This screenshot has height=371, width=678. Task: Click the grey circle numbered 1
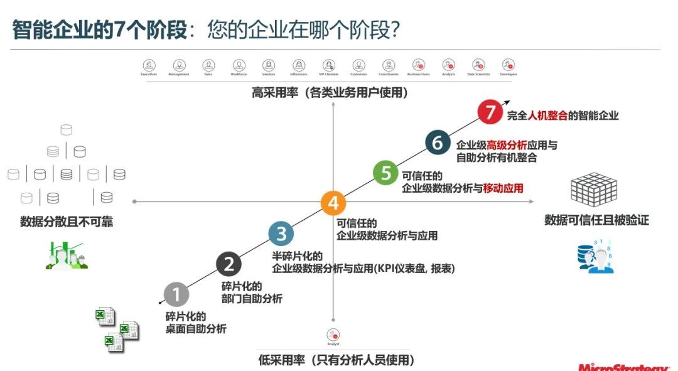point(176,294)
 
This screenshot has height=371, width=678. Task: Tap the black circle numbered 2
point(229,264)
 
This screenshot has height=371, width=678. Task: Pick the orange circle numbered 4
point(333,203)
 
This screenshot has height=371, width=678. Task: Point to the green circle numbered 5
point(385,173)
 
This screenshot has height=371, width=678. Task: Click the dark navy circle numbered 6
point(438,142)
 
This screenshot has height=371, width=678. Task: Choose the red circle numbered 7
point(490,112)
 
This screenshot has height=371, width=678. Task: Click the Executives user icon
point(149,65)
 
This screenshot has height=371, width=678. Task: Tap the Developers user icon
point(508,65)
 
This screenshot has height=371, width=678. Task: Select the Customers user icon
point(359,65)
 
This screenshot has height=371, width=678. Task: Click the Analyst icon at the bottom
point(333,335)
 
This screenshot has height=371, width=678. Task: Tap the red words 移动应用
point(503,188)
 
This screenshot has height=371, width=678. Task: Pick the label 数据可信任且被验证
point(596,220)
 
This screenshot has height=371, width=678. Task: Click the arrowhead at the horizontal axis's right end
point(531,201)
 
